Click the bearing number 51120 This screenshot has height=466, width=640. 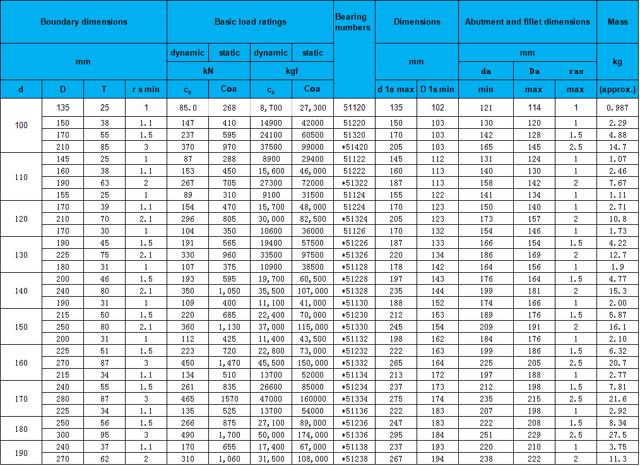coord(354,107)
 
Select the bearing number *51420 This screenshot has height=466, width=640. coord(354,146)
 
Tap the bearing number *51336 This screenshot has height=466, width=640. coord(354,435)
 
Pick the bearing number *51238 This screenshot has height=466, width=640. coord(354,459)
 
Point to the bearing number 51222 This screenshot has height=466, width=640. coord(354,170)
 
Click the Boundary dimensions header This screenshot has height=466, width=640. coord(84,21)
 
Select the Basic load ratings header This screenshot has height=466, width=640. coord(250,21)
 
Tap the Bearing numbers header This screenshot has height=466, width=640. coord(354,22)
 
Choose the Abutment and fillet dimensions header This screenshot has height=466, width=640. coord(527,21)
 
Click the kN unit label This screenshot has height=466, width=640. coord(208,71)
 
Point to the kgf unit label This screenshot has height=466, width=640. coord(292,71)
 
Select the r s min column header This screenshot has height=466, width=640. coord(146,89)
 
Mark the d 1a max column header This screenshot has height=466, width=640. coord(396,89)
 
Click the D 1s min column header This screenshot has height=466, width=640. coord(437,89)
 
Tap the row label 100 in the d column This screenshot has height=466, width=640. coord(21,125)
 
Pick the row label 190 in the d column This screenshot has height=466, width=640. coord(21,453)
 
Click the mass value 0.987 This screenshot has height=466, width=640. coord(617,107)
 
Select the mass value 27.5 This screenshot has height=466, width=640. coord(617,435)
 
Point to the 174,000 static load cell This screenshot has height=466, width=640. coord(312,435)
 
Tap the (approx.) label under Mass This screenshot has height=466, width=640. coord(617,89)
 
